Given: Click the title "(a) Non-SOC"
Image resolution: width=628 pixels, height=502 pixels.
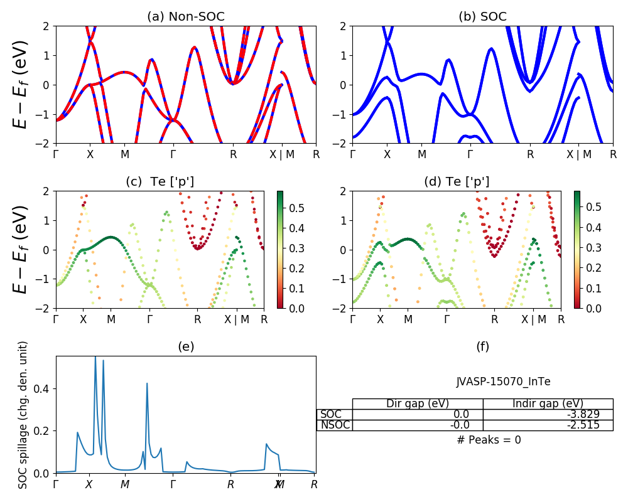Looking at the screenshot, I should click(x=185, y=17).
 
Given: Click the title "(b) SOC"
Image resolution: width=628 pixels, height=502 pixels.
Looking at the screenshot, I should click(x=482, y=17).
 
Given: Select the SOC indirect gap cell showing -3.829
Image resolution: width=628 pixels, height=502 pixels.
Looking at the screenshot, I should click(x=548, y=414).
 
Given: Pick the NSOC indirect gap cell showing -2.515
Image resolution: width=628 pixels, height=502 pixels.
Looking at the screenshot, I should click(x=548, y=425).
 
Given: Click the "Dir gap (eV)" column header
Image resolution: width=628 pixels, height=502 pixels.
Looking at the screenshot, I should click(x=418, y=403).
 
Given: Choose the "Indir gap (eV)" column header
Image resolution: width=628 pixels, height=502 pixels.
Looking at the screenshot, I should click(x=548, y=403).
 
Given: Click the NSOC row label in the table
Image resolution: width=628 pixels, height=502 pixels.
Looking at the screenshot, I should click(x=335, y=425).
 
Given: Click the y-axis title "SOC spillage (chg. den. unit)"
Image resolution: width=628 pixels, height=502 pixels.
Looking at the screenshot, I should click(x=23, y=415).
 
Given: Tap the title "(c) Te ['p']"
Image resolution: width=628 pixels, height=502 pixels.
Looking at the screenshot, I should click(x=160, y=182).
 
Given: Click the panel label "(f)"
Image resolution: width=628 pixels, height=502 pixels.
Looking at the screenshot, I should click(x=482, y=346).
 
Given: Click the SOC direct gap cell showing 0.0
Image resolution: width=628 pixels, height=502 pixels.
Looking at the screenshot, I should click(x=418, y=414).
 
